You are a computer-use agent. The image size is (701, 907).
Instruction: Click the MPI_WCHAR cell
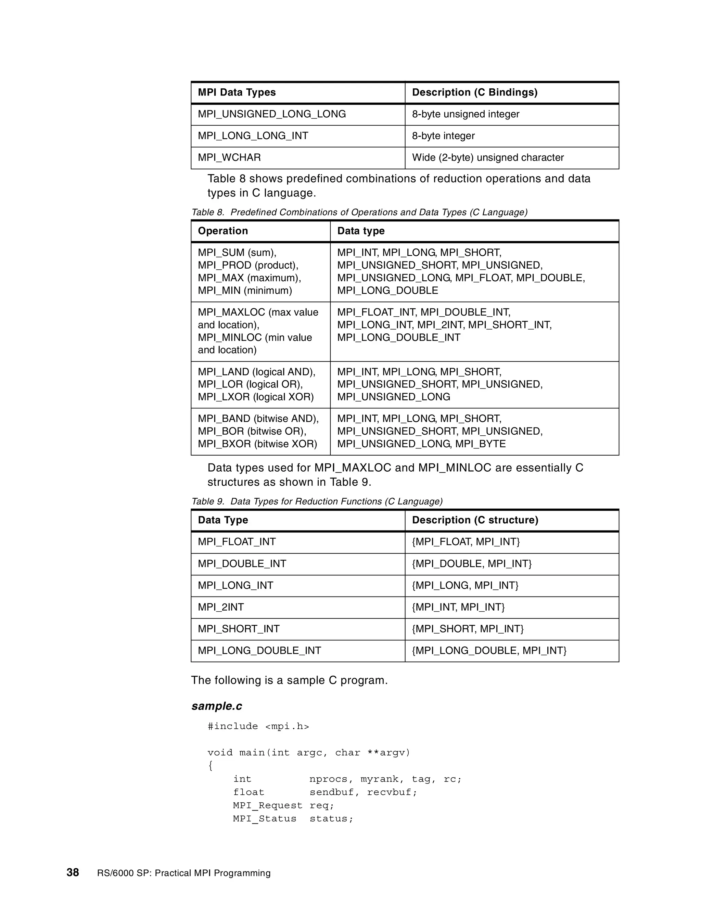pos(229,158)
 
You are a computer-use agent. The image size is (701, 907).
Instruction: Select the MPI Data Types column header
pos(237,92)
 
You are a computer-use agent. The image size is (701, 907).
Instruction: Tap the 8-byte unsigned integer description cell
pos(465,114)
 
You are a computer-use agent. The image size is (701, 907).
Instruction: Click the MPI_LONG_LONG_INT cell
pos(253,136)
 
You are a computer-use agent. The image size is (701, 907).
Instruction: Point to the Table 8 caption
pos(359,212)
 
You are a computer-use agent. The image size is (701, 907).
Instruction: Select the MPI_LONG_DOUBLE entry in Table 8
pos(387,291)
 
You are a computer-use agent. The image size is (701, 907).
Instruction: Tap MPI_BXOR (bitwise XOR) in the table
pos(257,444)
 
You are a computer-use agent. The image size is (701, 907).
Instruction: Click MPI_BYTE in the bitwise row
pos(481,444)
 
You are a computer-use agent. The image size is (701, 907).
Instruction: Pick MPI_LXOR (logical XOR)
pos(256,397)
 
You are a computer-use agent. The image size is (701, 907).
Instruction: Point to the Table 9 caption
pos(317,501)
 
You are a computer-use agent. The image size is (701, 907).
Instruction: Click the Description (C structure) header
pos(475,520)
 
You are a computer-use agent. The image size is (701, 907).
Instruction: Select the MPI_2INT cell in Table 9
pos(221,607)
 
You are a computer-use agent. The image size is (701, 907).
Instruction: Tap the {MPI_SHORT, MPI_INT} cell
pos(468,629)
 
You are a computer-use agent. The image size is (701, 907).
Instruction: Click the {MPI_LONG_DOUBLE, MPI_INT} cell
pos(489,650)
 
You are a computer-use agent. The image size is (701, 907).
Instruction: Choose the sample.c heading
pos(217,706)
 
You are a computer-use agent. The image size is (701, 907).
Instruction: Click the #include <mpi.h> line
pos(258,726)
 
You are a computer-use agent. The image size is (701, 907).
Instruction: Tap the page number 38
pos(73,872)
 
